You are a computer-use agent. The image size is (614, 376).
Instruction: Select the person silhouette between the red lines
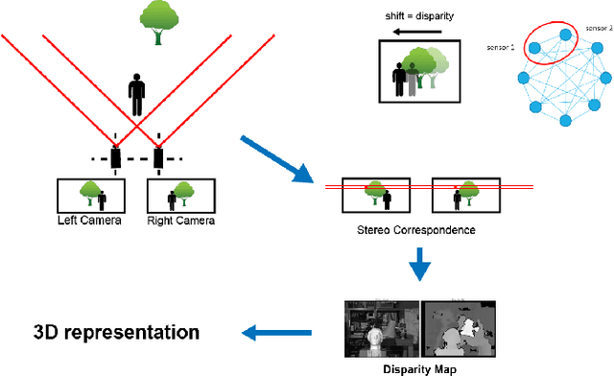click(x=137, y=96)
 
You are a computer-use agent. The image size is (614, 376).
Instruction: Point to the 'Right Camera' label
click(x=180, y=221)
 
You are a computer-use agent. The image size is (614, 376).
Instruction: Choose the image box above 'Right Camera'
click(x=179, y=195)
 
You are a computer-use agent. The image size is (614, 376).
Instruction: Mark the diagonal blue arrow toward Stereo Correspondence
click(x=277, y=160)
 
